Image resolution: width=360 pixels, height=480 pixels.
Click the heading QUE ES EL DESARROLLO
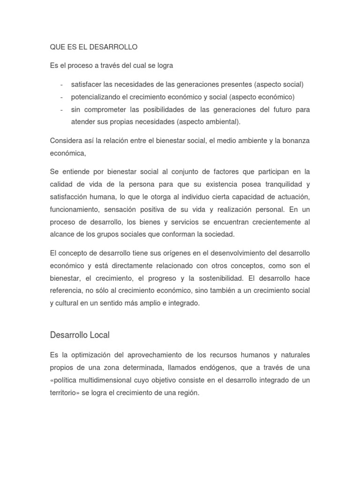pyautogui.click(x=94, y=47)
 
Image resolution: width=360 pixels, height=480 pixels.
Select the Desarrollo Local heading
pyautogui.click(x=80, y=335)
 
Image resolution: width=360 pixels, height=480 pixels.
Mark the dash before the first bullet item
pyautogui.click(x=62, y=84)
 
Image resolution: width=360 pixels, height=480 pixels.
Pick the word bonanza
pyautogui.click(x=295, y=141)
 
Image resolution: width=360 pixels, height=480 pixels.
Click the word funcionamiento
pyautogui.click(x=75, y=209)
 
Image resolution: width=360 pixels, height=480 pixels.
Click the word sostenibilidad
pyautogui.click(x=208, y=278)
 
